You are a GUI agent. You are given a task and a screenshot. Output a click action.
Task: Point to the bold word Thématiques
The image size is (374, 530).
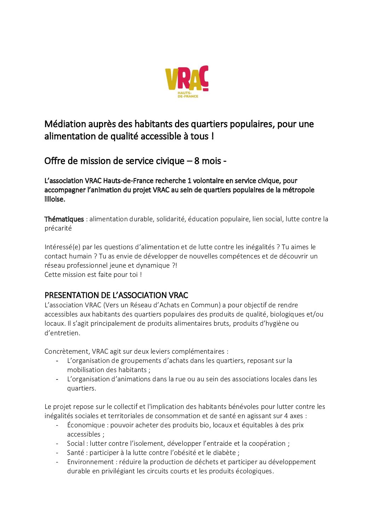[x=64, y=219]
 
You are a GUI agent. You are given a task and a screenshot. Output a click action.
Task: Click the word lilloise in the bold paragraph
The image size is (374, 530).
[x=54, y=199]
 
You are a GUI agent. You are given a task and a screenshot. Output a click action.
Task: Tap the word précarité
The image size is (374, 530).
[x=58, y=228]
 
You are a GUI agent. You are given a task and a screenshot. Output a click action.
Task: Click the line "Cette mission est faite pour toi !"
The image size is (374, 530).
[x=93, y=275]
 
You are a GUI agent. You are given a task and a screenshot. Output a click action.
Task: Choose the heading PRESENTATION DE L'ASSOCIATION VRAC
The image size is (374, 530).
[x=116, y=295]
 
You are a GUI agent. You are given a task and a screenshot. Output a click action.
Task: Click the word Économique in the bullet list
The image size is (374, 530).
[x=86, y=425]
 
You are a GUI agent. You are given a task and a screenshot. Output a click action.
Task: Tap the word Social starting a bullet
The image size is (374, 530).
[x=76, y=444]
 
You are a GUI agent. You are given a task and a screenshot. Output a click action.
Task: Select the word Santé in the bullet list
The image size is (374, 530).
[x=75, y=453]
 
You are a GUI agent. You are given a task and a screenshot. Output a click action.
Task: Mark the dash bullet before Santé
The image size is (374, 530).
[x=57, y=453]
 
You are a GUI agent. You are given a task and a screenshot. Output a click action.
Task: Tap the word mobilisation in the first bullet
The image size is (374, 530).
[x=83, y=370]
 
